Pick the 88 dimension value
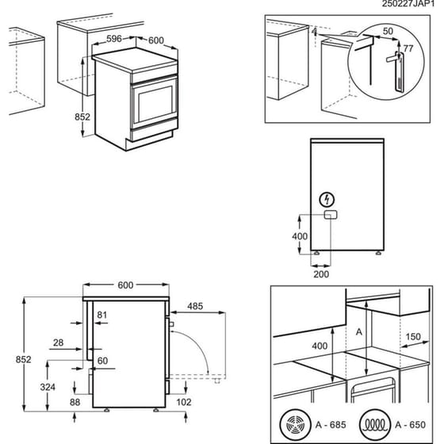75,402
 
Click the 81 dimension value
101,315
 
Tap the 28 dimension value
59,342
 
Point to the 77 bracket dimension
408,49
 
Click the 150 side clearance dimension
411,335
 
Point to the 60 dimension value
101,361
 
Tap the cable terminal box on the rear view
328,214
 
